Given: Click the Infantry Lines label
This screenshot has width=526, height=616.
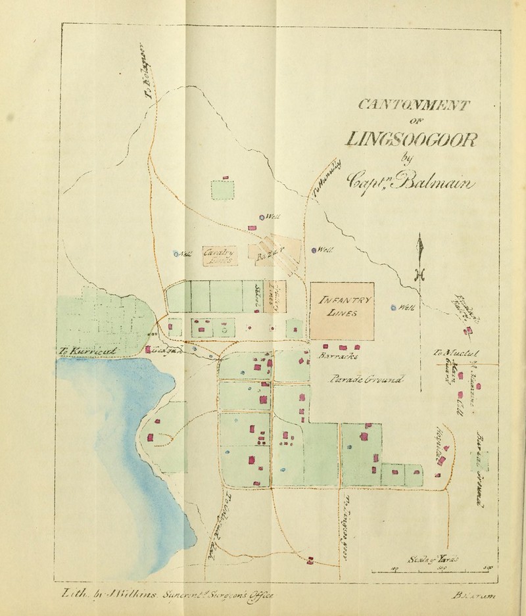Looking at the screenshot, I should click(342, 307).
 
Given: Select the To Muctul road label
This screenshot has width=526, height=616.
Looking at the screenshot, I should click(449, 355).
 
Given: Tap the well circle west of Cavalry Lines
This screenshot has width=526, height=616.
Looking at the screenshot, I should click(176, 254).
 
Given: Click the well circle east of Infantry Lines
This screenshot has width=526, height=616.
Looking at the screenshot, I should click(393, 307).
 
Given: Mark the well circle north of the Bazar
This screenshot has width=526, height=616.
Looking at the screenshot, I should click(261, 216).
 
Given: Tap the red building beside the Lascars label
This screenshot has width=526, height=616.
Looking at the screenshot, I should click(149, 350).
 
